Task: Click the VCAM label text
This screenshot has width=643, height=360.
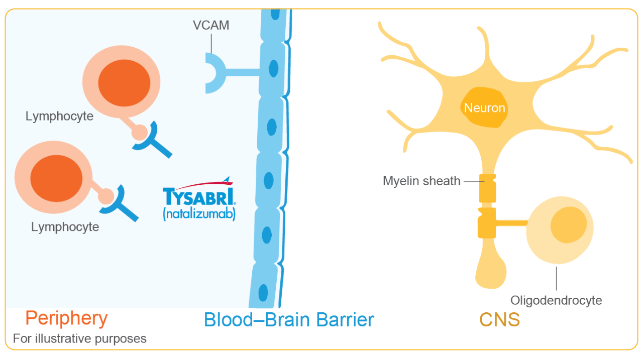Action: pyautogui.click(x=211, y=25)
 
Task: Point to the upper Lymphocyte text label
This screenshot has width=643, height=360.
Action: pyautogui.click(x=59, y=116)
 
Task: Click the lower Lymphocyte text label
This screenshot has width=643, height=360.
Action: pyautogui.click(x=65, y=227)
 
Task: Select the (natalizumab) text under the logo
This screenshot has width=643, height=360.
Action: pyautogui.click(x=199, y=214)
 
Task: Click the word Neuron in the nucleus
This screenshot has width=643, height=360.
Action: pyautogui.click(x=484, y=108)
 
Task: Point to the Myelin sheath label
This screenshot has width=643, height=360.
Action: pyautogui.click(x=421, y=181)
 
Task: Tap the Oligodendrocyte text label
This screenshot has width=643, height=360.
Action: pyautogui.click(x=556, y=301)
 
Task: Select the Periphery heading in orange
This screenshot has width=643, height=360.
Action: pyautogui.click(x=66, y=318)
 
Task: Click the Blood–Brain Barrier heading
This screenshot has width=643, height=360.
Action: pyautogui.click(x=289, y=320)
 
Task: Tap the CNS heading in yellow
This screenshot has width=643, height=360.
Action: pyautogui.click(x=499, y=320)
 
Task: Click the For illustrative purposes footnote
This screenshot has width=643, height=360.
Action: pyautogui.click(x=80, y=338)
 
